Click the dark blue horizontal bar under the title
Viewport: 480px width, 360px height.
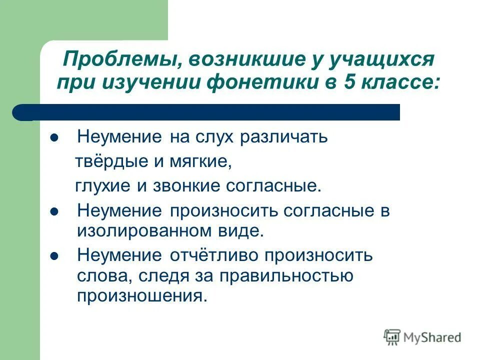point(205,112)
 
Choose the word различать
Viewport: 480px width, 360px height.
point(284,137)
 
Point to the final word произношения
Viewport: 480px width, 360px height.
point(141,295)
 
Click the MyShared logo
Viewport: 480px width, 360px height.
point(422,337)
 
